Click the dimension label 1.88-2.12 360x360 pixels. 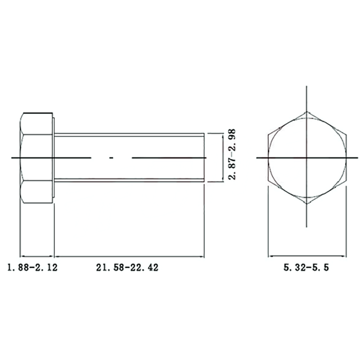(32, 268)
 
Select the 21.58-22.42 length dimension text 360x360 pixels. (127, 268)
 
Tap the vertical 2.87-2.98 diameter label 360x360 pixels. (232, 154)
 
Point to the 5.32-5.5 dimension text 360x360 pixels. (306, 268)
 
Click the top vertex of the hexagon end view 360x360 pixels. (307, 112)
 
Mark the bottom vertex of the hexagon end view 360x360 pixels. (307, 204)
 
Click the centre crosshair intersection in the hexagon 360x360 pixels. (307, 158)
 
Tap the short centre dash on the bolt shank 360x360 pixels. (111, 158)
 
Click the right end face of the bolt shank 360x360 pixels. (204, 157)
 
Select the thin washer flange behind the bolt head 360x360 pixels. (54, 157)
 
